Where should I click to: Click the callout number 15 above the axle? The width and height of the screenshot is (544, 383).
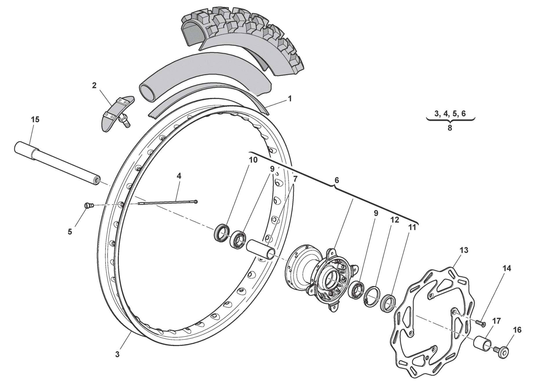[35, 120]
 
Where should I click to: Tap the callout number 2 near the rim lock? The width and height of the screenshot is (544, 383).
[94, 86]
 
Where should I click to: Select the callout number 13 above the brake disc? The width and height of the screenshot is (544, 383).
[464, 250]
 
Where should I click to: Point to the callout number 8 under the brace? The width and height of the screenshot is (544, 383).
[450, 128]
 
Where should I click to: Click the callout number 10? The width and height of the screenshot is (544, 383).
[253, 160]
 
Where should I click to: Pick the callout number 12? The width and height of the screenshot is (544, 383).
[395, 220]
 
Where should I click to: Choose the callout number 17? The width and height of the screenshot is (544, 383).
[497, 321]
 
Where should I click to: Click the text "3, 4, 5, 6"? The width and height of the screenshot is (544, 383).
[450, 114]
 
